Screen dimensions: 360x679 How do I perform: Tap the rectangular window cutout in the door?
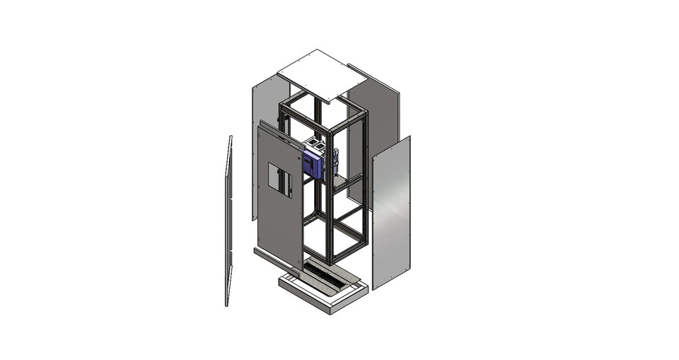tap(278, 175)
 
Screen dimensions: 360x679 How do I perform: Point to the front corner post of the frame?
tap(330, 198)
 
